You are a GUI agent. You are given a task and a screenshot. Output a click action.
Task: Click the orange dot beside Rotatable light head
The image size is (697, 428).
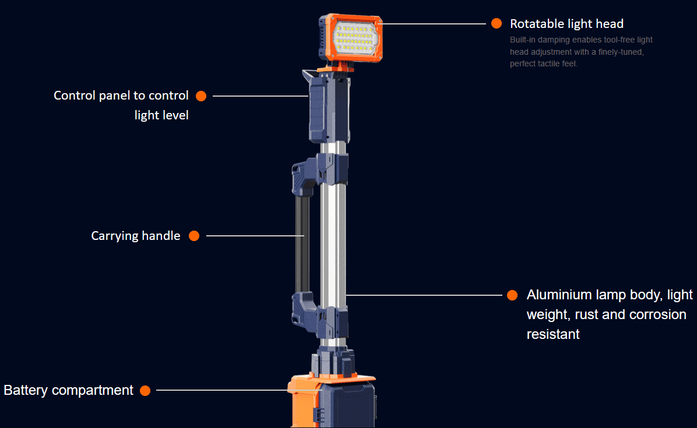497,23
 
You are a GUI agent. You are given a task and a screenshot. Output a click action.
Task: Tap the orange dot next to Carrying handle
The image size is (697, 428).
194,236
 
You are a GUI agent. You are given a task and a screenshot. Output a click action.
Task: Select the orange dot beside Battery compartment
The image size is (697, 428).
145,390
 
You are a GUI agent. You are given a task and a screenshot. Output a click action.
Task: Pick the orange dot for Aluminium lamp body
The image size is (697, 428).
512,295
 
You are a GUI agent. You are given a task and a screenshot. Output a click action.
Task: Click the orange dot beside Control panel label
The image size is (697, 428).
201,96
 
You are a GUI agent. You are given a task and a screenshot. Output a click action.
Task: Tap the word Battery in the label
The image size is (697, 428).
26,390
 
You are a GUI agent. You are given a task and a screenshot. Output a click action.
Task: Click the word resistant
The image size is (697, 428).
553,334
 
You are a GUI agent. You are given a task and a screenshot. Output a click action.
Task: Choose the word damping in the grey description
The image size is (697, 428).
554,40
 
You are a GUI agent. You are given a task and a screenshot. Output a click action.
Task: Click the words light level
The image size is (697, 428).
161,115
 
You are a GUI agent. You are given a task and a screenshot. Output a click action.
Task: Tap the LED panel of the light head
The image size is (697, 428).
356,37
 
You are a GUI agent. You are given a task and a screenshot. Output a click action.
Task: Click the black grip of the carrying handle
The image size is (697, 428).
302,244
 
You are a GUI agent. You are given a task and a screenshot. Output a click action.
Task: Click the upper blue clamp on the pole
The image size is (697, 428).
320,172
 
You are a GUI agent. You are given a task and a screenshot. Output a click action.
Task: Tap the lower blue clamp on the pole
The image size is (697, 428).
320,315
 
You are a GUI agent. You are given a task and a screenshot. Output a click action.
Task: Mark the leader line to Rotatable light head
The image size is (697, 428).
434,23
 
